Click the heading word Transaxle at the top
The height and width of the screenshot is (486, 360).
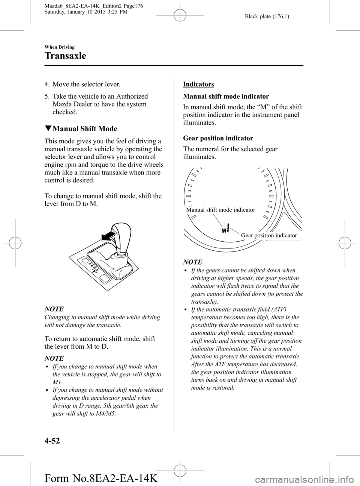[65, 56]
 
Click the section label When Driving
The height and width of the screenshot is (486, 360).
[59, 47]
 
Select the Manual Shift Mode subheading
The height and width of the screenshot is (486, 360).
[85, 129]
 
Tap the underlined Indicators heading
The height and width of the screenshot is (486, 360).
[198, 84]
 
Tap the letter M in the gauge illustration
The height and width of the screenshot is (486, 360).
[223, 230]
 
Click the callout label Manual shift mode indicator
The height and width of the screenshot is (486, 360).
[220, 210]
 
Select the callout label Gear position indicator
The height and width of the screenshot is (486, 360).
[269, 235]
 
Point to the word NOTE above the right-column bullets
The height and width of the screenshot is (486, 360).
[193, 262]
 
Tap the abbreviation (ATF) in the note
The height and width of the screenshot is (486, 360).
[276, 309]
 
